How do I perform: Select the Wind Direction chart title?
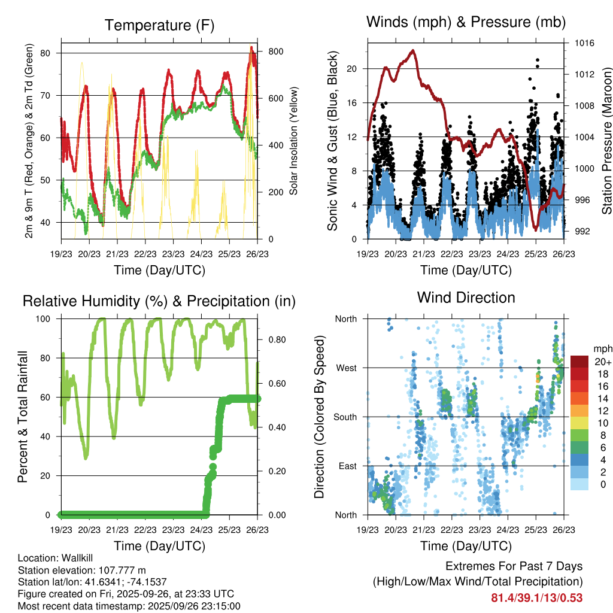tap(466, 297)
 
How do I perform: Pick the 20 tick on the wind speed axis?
tap(352, 68)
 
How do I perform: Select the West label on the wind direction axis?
tap(345, 368)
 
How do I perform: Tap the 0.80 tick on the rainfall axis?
tap(276, 339)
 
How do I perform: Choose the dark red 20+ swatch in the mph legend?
tap(581, 362)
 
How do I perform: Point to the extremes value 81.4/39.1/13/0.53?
tap(536, 597)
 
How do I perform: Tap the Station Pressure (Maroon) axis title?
tap(606, 141)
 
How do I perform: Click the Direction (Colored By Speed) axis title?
tap(320, 417)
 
